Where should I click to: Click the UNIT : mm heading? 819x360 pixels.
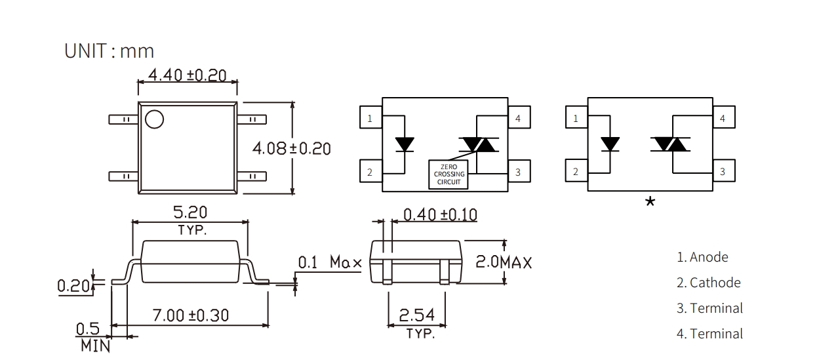tap(110, 51)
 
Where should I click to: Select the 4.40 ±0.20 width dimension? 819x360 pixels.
tap(187, 75)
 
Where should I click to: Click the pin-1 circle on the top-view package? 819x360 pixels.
tap(155, 119)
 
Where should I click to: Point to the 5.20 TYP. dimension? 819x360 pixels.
tap(190, 220)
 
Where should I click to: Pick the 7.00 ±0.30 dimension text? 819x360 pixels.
tap(191, 315)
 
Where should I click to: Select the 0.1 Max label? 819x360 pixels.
tap(330, 262)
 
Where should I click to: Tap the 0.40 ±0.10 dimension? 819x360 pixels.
tap(439, 214)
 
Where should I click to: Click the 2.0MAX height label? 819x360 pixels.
tap(503, 262)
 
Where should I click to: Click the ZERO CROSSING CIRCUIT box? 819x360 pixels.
tap(449, 174)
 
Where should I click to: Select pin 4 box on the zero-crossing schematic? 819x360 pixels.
tap(519, 118)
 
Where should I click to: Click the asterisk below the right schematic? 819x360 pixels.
tap(650, 202)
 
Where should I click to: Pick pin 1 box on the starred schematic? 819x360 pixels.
tap(576, 118)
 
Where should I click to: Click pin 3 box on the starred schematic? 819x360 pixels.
tap(723, 171)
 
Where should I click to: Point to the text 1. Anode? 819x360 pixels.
tap(702, 257)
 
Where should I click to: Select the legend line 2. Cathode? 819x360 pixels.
tap(708, 283)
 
